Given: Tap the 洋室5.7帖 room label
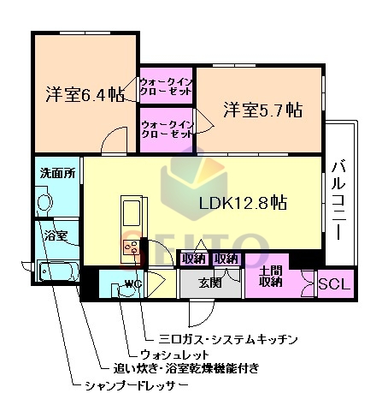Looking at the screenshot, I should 262,110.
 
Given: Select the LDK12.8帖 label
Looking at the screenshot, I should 242,204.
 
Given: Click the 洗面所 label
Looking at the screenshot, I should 57,173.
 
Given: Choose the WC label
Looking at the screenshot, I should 132,283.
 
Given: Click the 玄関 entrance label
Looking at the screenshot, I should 210,283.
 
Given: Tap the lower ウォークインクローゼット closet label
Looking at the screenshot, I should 167,129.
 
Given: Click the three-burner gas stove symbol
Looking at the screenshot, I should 132,248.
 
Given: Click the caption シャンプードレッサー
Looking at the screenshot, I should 136,385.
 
